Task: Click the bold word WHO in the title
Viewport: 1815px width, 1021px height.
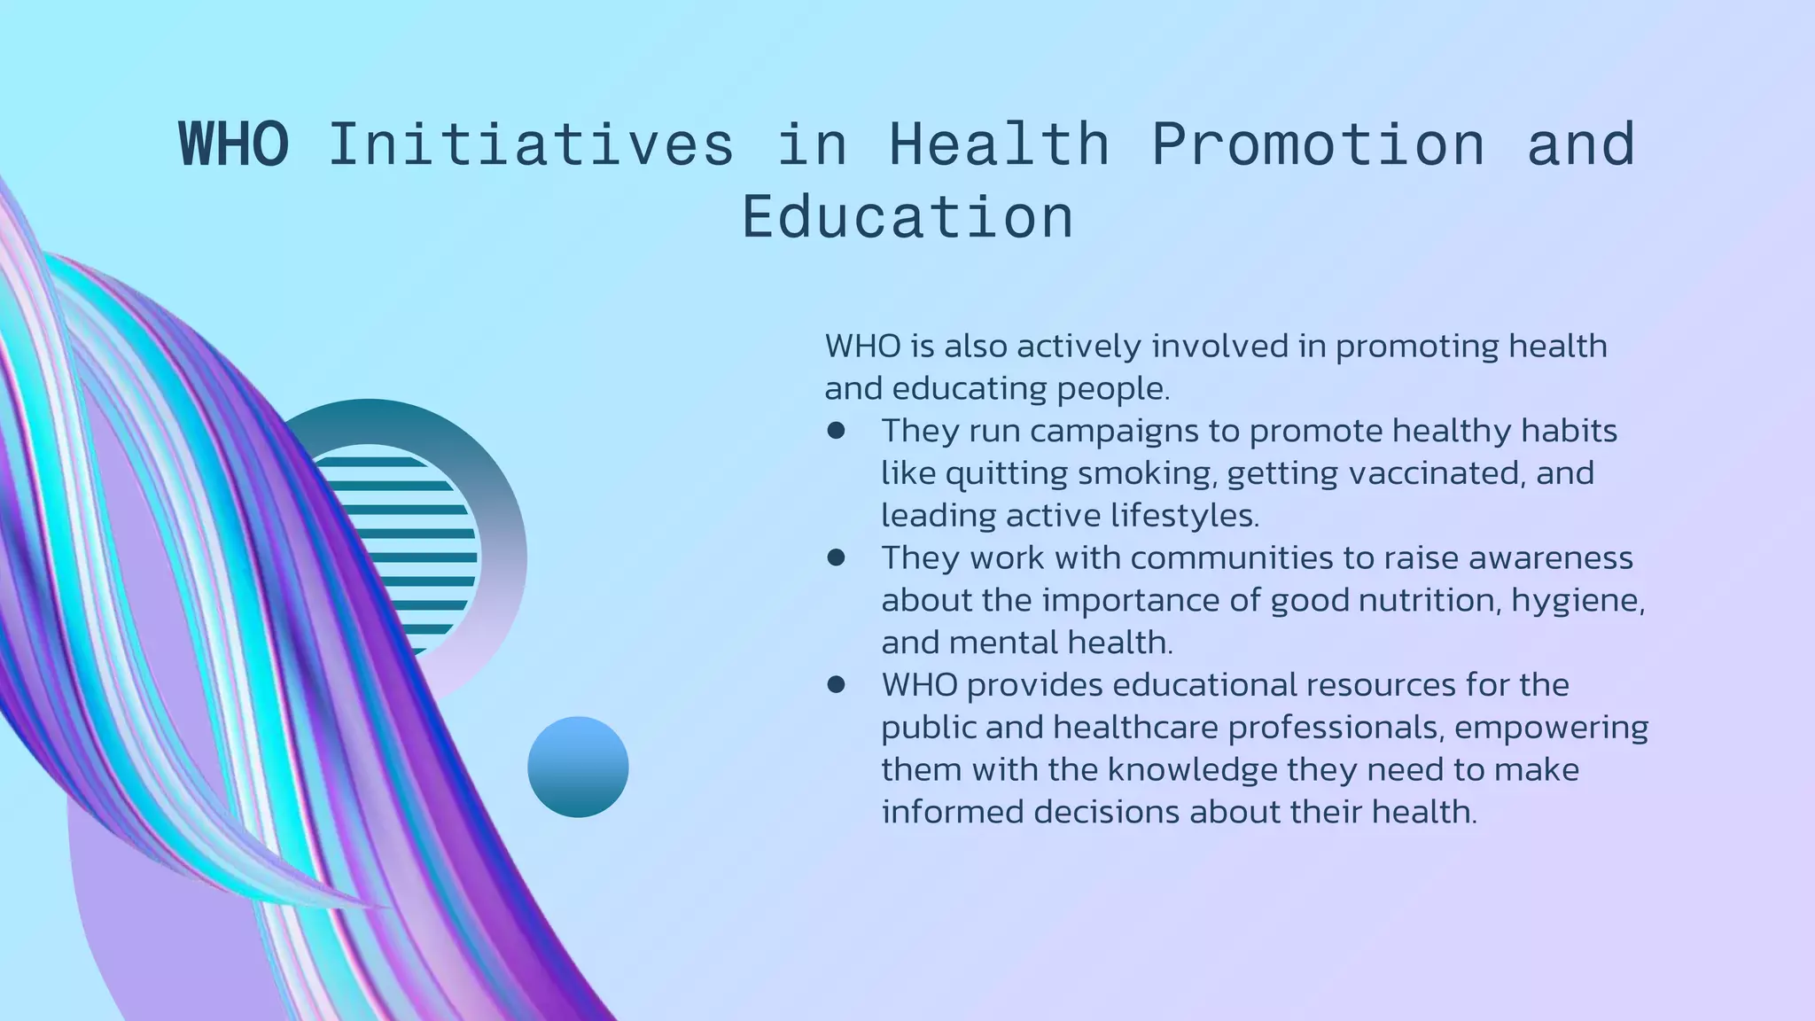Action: [x=234, y=144]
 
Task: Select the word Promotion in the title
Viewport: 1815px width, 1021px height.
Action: [x=1318, y=144]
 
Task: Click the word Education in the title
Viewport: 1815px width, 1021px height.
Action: [x=907, y=217]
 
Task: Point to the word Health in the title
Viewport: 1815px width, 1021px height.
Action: [x=1000, y=144]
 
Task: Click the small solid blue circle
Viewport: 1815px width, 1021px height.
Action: [x=578, y=767]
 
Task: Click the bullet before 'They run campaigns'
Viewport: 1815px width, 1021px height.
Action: [x=836, y=431]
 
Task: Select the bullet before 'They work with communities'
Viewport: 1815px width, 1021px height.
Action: [x=836, y=557]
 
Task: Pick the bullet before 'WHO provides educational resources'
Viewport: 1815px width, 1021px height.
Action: [x=836, y=684]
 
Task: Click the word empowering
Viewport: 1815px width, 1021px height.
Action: [x=1551, y=728]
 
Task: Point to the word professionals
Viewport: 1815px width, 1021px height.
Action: [x=1249, y=728]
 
